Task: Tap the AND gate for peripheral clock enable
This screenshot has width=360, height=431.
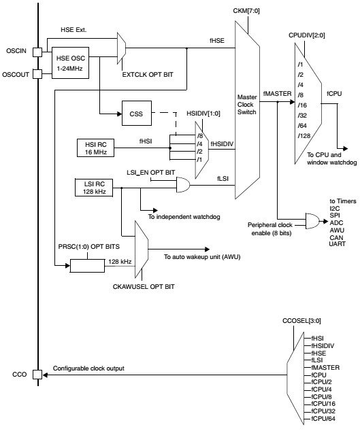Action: [314, 220]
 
